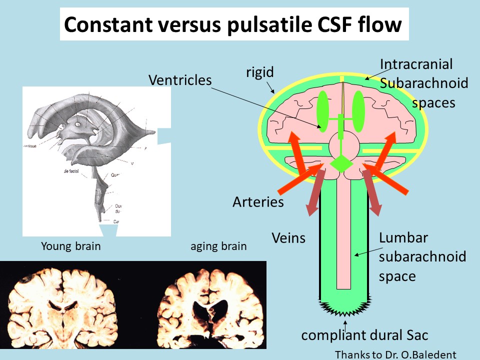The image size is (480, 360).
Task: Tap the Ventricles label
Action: tap(180, 79)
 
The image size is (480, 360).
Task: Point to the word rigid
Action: tap(260, 72)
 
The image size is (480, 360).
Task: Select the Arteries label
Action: tap(258, 202)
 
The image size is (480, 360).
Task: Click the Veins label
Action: tap(288, 237)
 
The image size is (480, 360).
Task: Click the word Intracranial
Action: tap(416, 64)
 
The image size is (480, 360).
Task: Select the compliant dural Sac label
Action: tap(364, 334)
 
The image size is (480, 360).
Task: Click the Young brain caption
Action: tap(70, 246)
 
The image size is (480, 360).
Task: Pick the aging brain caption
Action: tap(218, 246)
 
